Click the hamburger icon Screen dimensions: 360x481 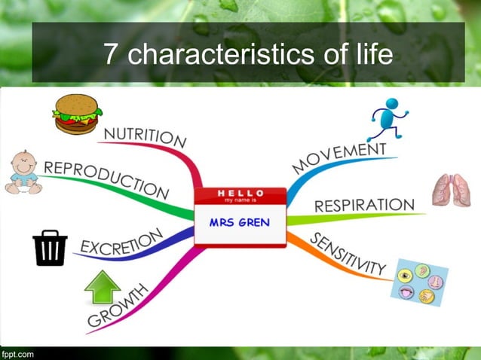click(77, 115)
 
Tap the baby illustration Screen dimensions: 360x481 click(23, 172)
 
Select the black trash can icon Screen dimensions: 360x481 click(50, 249)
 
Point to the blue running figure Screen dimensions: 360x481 click(389, 120)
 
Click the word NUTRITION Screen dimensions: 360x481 click(145, 138)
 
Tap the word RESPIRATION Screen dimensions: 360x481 click(363, 205)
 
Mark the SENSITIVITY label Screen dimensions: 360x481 click(348, 254)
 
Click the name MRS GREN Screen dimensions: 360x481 click(239, 223)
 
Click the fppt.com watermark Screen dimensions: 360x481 click(17, 352)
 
